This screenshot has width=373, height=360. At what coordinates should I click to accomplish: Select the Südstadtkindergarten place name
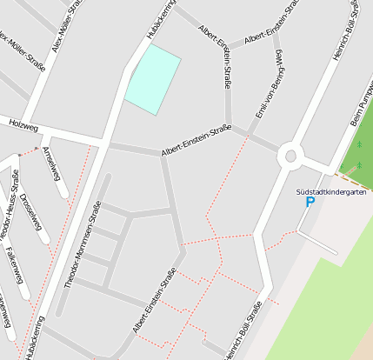tap(331, 191)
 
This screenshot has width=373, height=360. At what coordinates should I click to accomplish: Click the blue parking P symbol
tap(310, 202)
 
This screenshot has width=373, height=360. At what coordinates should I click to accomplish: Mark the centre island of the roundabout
tap(290, 157)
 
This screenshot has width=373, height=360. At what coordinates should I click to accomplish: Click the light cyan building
tap(153, 79)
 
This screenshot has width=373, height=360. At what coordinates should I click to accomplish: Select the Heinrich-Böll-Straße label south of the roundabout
tap(243, 331)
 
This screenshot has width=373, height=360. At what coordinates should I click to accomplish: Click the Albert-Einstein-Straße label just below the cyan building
tap(196, 141)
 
